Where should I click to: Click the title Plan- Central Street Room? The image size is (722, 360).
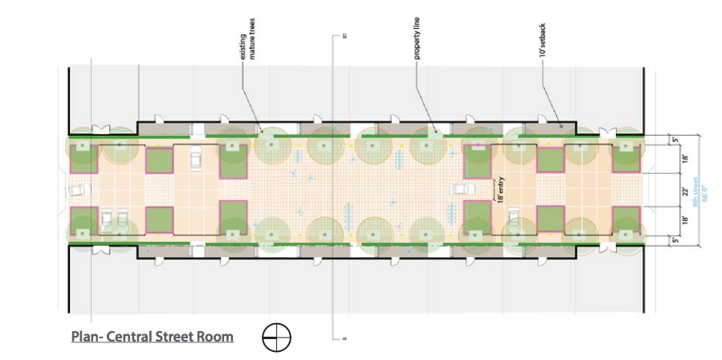click(152, 337)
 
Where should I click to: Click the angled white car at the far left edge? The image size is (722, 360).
click(77, 191)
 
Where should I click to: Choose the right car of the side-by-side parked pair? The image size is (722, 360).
click(122, 218)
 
